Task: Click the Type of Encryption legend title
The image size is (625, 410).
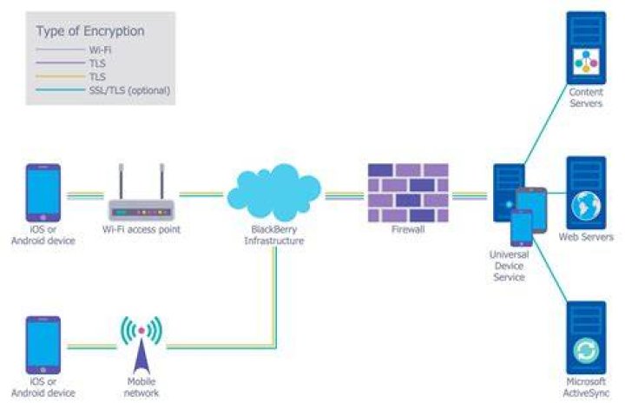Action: [90, 31]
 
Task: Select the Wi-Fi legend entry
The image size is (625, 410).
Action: [74, 50]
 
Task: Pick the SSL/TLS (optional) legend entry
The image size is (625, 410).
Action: [102, 90]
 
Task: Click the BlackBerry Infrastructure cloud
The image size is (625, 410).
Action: [273, 192]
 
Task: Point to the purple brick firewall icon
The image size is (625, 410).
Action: [408, 192]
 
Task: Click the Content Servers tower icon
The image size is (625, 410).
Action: [586, 48]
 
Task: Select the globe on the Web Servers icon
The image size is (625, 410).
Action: [586, 206]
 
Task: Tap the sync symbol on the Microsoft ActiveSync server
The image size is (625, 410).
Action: [586, 351]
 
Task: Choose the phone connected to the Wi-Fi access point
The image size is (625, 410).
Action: [43, 193]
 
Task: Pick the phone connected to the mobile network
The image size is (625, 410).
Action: [43, 345]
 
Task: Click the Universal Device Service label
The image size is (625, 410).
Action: [509, 266]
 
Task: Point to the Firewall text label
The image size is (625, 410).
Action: [408, 229]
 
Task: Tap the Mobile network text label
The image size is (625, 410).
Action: [141, 387]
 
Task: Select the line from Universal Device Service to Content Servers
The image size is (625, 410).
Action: [546, 124]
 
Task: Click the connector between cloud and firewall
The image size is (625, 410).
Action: [345, 195]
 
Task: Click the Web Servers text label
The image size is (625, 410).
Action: [586, 237]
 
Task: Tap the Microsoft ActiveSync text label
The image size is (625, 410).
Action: [586, 387]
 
